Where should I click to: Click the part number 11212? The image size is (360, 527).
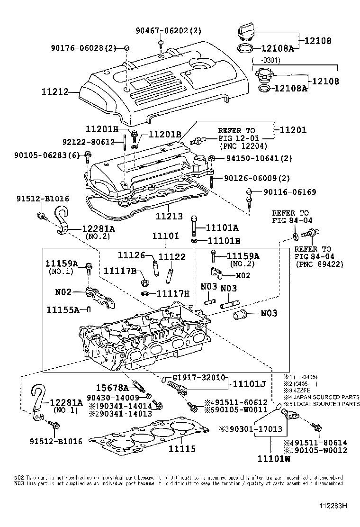55,91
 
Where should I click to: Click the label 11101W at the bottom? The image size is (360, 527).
274,459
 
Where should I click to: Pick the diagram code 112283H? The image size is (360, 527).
332,506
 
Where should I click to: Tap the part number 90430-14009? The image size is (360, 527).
113,397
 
